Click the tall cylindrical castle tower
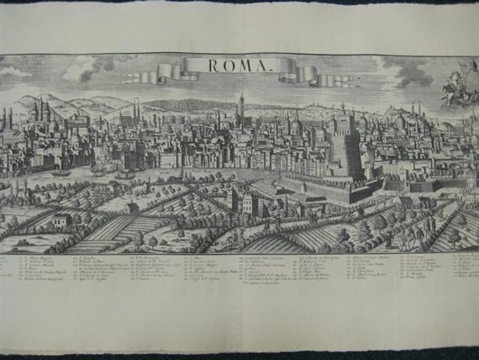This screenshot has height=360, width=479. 343,151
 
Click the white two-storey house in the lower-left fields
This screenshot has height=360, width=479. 61,221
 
